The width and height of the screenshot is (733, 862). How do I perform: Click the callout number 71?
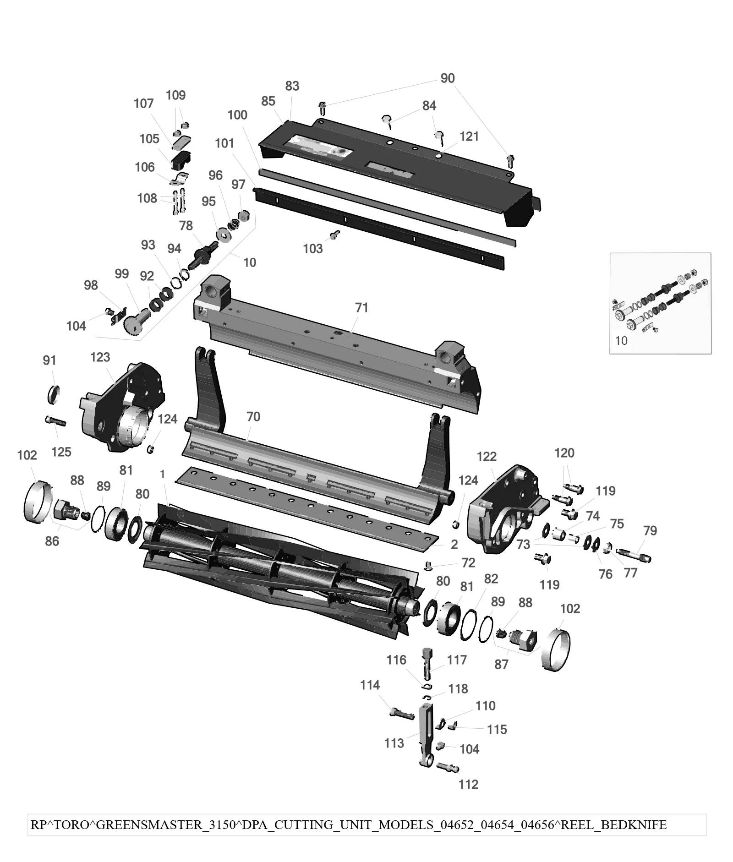pos(362,307)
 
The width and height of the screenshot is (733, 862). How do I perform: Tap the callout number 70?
pos(253,416)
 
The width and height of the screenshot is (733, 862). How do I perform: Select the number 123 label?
pos(100,357)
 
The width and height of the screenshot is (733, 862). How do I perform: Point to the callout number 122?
pos(487,456)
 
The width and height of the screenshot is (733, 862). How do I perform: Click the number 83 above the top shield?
pos(292,86)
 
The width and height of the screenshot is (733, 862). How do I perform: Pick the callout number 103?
pos(313,248)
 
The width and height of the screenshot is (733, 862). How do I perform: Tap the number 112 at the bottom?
pos(468,784)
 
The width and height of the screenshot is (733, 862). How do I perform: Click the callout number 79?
pos(650,530)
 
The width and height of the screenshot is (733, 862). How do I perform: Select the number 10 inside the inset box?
pos(621,340)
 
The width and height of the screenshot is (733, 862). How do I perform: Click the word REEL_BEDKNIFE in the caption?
pos(614,825)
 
